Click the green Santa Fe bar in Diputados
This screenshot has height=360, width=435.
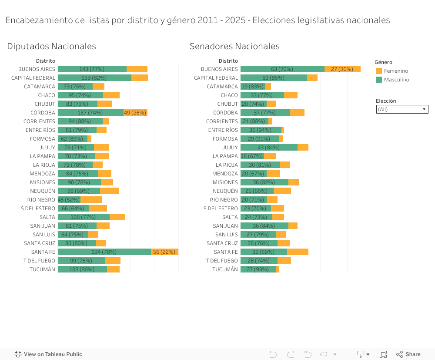click(x=104, y=252)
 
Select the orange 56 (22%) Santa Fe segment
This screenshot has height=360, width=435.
click(x=164, y=252)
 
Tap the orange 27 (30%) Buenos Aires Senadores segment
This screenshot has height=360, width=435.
click(x=342, y=69)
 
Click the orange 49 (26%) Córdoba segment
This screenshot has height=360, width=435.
click(x=135, y=112)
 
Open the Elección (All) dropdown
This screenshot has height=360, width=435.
click(x=402, y=109)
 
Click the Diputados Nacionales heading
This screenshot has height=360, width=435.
click(x=51, y=46)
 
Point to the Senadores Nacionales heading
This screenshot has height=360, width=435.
click(x=234, y=46)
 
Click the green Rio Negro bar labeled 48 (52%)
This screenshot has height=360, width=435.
click(x=69, y=199)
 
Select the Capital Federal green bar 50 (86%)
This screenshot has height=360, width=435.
click(x=274, y=77)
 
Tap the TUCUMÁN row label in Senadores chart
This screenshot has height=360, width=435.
click(x=225, y=269)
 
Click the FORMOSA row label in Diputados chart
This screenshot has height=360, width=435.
click(x=43, y=138)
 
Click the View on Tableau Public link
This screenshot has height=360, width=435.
click(x=48, y=354)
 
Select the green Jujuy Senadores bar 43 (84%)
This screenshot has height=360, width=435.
click(x=269, y=147)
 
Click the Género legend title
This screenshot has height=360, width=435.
click(x=383, y=62)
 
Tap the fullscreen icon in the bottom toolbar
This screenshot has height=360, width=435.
click(x=383, y=354)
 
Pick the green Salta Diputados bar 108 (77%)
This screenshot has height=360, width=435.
click(x=84, y=217)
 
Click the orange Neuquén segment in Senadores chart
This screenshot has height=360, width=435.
click(x=282, y=191)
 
